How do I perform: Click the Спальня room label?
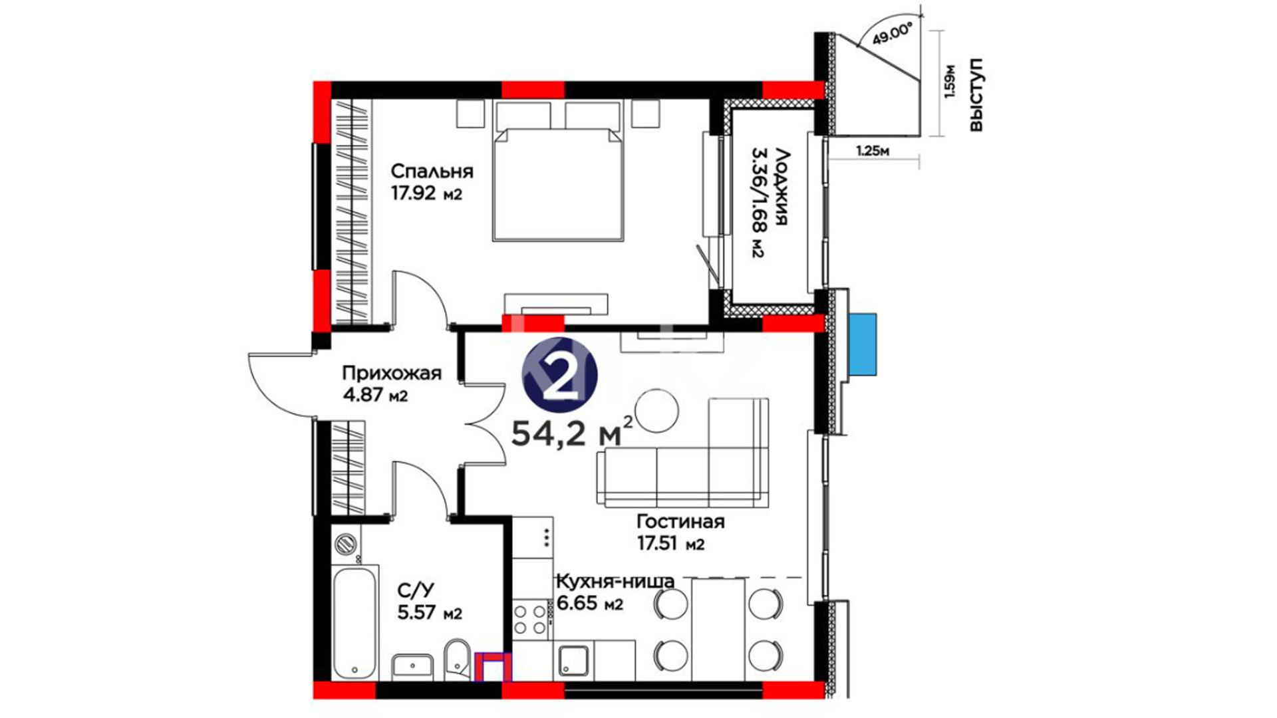pos(432,172)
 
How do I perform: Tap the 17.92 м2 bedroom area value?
pos(426,194)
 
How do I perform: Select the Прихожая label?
pos(392,373)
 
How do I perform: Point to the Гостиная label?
pos(680,521)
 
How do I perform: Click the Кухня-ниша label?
pos(615,582)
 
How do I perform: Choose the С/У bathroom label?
pos(416,590)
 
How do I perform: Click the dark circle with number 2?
pos(560,374)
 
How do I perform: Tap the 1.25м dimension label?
pos(873,151)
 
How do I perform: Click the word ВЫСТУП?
pos(976,94)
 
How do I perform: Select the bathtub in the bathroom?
pos(355,622)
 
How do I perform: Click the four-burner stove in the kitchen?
pos(530,620)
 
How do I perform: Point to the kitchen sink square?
pos(573,661)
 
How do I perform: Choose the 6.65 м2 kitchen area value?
pos(590,604)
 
